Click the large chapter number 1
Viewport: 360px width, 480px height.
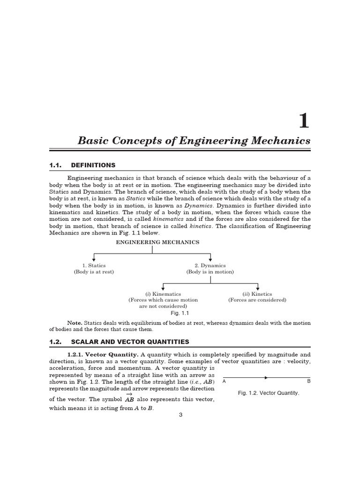point(304,120)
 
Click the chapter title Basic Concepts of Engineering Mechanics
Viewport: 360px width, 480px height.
point(194,141)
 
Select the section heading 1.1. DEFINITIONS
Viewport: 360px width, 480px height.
point(82,165)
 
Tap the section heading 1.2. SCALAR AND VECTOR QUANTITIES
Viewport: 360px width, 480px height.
point(119,342)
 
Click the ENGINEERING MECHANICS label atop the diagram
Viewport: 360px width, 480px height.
point(157,242)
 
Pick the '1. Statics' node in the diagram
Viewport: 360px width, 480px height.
point(94,266)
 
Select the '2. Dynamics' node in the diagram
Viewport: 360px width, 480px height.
point(210,266)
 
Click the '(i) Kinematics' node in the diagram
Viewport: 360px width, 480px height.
point(163,294)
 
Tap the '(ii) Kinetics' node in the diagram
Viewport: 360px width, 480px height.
point(257,294)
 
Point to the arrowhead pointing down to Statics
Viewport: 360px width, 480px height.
point(94,260)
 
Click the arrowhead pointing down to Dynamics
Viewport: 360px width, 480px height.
point(210,260)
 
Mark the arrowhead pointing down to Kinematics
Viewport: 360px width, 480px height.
point(163,288)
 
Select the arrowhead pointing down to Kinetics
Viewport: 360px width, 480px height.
point(257,288)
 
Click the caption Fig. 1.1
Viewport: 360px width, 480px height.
point(180,313)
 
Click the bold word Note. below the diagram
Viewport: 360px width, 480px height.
point(75,323)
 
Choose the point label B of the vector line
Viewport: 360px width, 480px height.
point(308,382)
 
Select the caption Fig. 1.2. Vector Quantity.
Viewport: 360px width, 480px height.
point(268,393)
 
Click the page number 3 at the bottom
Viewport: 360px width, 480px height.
point(180,415)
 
